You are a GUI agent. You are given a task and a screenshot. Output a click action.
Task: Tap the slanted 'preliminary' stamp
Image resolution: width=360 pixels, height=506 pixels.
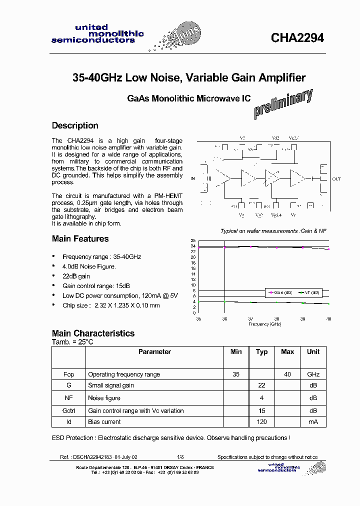(x=283, y=104)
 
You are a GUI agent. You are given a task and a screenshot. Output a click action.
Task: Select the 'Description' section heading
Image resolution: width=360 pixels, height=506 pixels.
(x=75, y=125)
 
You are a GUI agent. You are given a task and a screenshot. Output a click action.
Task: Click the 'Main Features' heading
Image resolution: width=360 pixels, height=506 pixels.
(x=80, y=239)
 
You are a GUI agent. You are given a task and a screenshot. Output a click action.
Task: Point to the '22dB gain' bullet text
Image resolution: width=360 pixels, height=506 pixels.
(x=76, y=276)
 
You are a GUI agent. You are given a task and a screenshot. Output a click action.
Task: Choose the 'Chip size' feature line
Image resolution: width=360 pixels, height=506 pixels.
(x=111, y=305)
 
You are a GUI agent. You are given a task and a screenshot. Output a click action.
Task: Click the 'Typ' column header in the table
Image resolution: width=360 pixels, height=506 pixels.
(x=261, y=352)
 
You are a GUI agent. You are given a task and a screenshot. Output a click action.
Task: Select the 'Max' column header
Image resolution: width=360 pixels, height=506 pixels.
(x=287, y=352)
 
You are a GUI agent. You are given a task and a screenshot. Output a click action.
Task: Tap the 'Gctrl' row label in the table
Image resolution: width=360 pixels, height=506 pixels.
(x=68, y=411)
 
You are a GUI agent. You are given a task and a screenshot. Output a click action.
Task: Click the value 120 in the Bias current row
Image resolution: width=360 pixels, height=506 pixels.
(x=261, y=422)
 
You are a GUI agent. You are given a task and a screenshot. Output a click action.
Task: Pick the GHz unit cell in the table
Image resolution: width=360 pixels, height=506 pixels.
(x=313, y=374)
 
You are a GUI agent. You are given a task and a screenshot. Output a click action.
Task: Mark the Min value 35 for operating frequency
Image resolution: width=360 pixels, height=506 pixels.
(x=236, y=374)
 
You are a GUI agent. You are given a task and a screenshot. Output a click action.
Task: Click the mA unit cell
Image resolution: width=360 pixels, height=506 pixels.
(x=313, y=422)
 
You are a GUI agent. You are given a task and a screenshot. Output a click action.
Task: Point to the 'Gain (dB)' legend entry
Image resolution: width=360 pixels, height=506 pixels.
(x=282, y=293)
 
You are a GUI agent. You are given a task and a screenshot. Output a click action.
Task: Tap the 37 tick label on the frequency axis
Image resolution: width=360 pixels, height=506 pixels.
(x=251, y=318)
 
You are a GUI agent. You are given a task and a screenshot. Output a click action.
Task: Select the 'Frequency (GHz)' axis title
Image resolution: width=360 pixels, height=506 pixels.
(x=264, y=324)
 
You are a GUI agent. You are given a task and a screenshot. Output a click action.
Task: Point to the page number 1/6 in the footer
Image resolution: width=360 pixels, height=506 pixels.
(x=180, y=457)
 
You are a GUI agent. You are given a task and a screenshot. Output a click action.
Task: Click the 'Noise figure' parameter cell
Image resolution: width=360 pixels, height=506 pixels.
(x=104, y=398)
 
